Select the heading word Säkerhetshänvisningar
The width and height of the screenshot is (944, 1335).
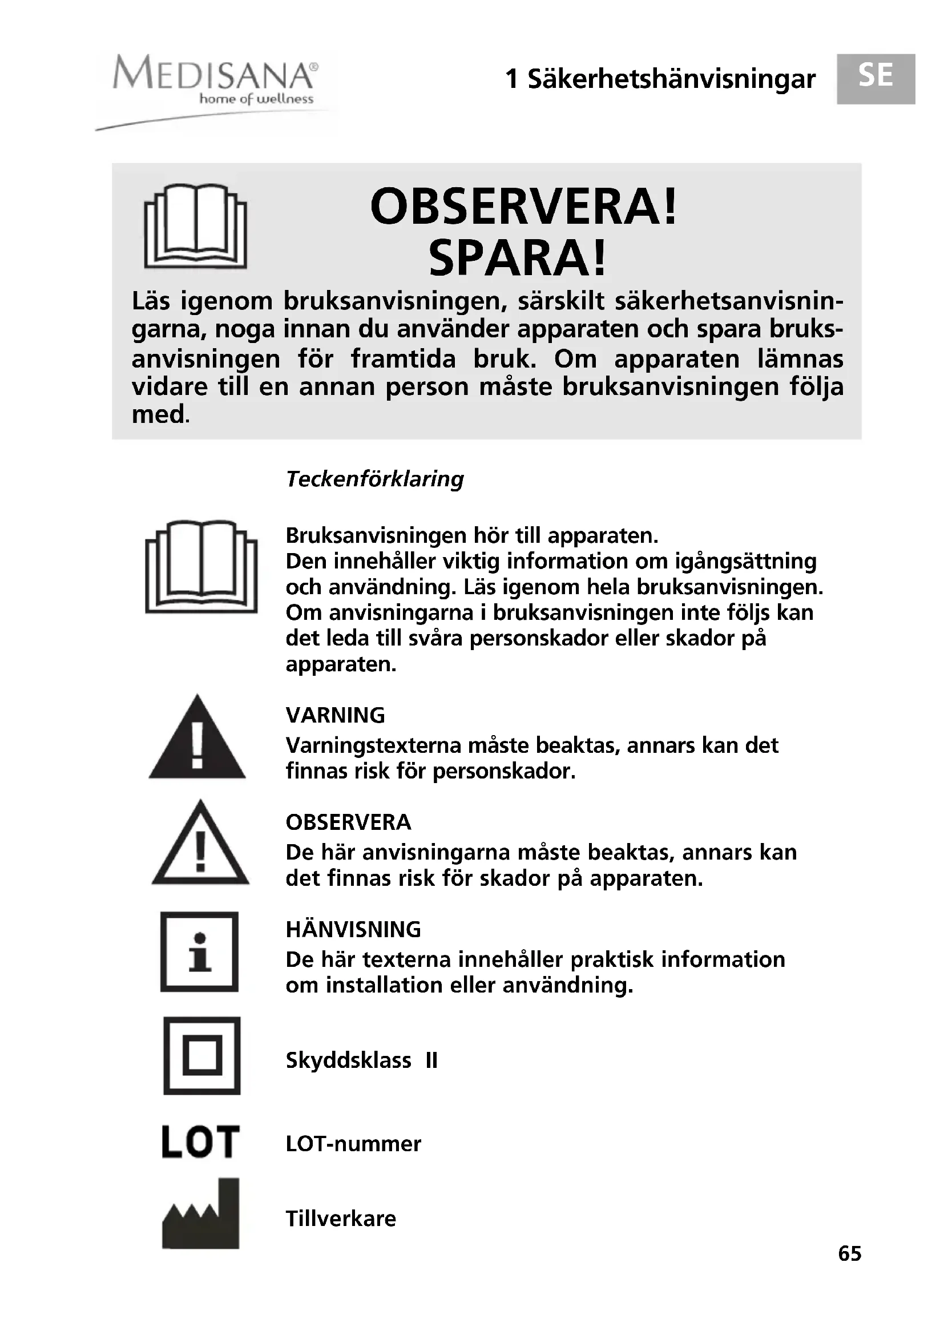671,80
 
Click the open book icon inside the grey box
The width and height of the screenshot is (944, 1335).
195,227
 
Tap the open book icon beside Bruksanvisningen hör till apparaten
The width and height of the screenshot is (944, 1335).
201,566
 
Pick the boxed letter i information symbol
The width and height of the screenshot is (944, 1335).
199,952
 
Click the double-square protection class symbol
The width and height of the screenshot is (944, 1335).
201,1055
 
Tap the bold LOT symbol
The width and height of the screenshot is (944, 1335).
200,1143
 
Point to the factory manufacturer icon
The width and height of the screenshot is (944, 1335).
200,1215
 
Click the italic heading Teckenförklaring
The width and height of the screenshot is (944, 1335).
375,479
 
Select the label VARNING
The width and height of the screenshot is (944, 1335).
336,715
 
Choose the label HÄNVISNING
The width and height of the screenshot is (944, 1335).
353,930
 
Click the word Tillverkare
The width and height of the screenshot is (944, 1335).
341,1219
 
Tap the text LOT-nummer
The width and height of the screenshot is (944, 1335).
353,1144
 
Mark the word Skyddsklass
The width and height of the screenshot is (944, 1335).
348,1060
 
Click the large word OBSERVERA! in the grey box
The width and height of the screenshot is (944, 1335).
523,208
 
